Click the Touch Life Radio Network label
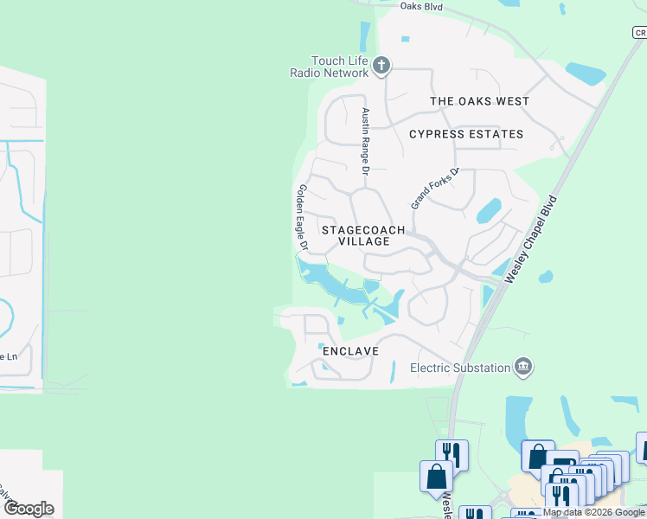pyautogui.click(x=329, y=67)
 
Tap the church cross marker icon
pyautogui.click(x=381, y=65)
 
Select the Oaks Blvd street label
pyautogui.click(x=421, y=6)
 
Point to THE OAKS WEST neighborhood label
pyautogui.click(x=479, y=101)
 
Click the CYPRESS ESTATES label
pyautogui.click(x=466, y=134)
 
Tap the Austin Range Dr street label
pyautogui.click(x=366, y=142)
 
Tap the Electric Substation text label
pyautogui.click(x=459, y=368)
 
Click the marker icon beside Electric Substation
pyautogui.click(x=522, y=368)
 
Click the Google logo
pyautogui.click(x=29, y=508)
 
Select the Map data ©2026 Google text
pyautogui.click(x=593, y=513)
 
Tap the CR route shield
pyautogui.click(x=638, y=33)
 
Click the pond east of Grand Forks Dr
pyautogui.click(x=489, y=210)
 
